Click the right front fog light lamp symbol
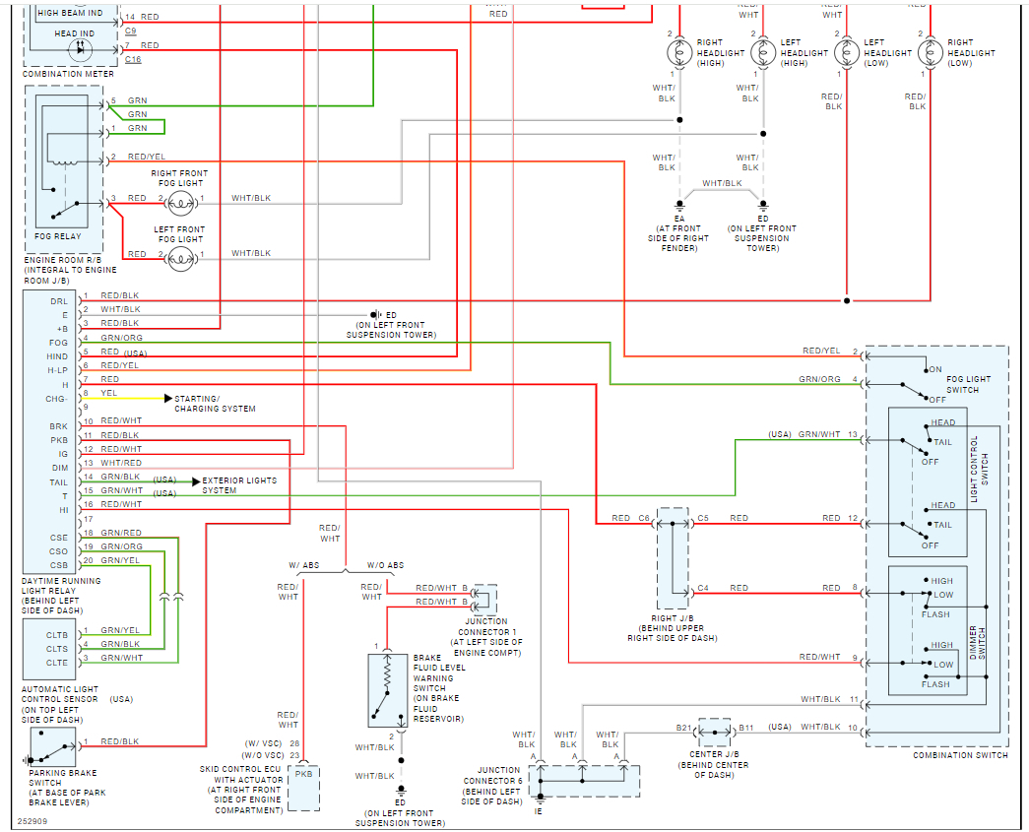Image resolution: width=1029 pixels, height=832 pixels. (179, 204)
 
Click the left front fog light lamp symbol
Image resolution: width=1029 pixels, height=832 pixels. (179, 259)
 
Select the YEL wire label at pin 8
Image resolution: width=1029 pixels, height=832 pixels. (109, 393)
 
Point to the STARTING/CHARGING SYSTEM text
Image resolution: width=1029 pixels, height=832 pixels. (215, 404)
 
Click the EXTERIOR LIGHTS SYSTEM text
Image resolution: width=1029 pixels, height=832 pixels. (239, 485)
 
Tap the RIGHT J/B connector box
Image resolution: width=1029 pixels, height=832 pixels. (674, 559)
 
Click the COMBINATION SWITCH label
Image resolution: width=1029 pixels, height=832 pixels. (960, 755)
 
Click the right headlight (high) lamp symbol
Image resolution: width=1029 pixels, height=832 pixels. (678, 53)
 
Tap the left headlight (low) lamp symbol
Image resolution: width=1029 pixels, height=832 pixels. (846, 53)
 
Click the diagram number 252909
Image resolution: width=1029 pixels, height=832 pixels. (32, 819)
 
